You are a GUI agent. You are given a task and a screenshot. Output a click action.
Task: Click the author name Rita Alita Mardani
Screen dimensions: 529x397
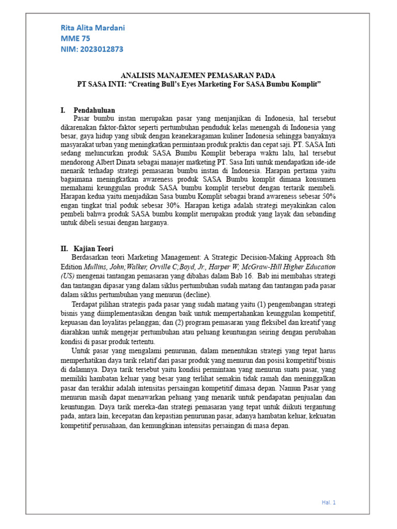tap(93, 27)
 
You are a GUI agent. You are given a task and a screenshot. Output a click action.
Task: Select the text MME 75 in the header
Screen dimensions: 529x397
tap(75, 38)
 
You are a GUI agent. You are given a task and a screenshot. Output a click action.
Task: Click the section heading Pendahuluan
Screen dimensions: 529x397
tap(94, 110)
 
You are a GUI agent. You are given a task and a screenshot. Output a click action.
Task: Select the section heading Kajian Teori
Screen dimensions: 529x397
tap(94, 248)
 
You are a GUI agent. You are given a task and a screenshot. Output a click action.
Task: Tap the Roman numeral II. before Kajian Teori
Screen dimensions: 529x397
tap(65, 248)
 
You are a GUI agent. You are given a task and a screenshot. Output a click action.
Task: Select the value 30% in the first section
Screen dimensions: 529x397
tap(175, 206)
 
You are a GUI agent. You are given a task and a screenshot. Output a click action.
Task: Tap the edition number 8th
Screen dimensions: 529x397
tap(329, 257)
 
